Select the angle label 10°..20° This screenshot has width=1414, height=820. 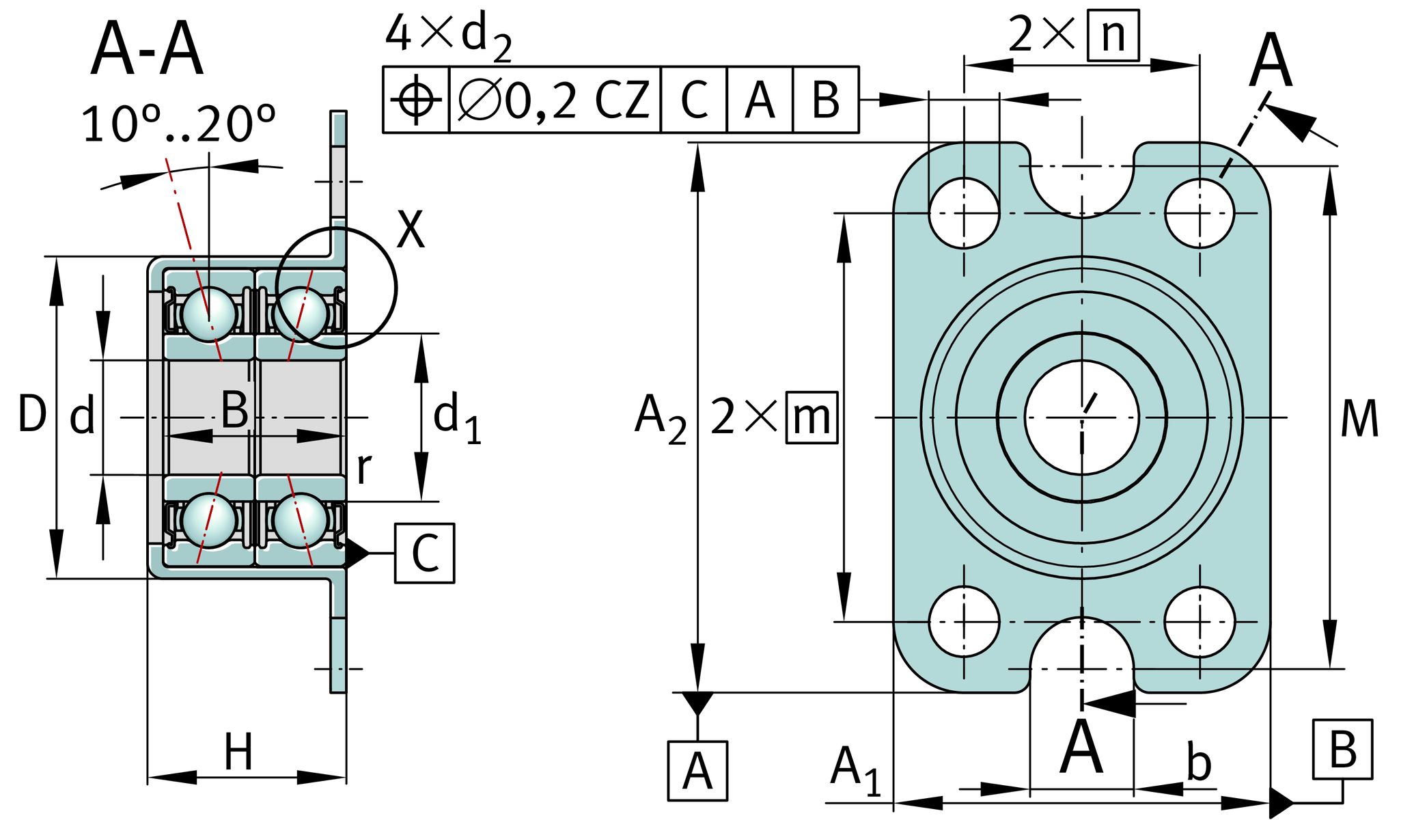[178, 125]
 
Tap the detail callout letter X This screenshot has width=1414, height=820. [411, 230]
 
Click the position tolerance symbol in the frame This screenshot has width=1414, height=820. [416, 100]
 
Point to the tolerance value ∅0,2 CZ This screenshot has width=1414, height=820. [554, 100]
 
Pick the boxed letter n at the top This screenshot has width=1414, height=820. [1113, 35]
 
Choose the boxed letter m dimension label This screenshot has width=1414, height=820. [812, 418]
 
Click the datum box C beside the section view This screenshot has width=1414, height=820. [424, 553]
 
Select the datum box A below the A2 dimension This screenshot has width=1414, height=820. [697, 771]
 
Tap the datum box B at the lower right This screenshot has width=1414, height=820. [1342, 750]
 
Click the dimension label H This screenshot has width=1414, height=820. [238, 752]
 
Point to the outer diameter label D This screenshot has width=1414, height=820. [32, 414]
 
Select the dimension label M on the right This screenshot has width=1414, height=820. [1359, 419]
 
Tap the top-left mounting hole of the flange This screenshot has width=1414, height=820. [964, 213]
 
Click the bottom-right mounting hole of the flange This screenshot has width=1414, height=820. [1200, 622]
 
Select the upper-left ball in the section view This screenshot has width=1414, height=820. [209, 314]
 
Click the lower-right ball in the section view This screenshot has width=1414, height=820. [301, 520]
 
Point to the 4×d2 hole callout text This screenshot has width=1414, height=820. [447, 36]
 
